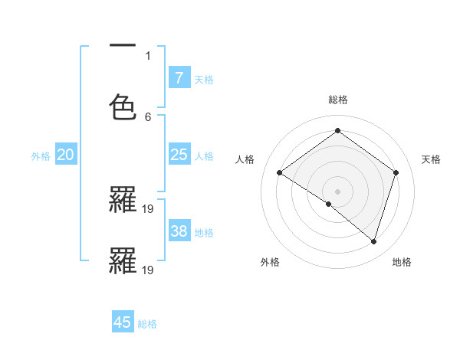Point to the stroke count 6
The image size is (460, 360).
[148, 116]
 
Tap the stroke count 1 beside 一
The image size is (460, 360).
[148, 55]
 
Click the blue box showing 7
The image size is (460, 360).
[179, 77]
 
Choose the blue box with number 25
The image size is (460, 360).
[179, 155]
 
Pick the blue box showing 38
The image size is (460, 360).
[179, 231]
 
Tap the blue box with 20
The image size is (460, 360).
[66, 155]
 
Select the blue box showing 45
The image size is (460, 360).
[123, 322]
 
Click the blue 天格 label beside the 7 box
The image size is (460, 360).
[204, 79]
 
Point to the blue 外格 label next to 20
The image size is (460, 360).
[41, 156]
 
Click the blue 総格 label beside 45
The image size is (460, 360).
[147, 324]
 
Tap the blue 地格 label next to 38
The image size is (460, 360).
[204, 233]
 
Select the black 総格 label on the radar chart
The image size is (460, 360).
[337, 100]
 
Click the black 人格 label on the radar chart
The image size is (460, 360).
[245, 159]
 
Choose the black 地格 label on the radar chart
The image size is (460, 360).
[402, 262]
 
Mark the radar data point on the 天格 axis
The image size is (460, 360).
[396, 172]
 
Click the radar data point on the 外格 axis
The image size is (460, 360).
[329, 204]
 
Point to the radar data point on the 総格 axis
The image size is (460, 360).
[337, 131]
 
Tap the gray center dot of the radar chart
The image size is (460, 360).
[337, 191]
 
